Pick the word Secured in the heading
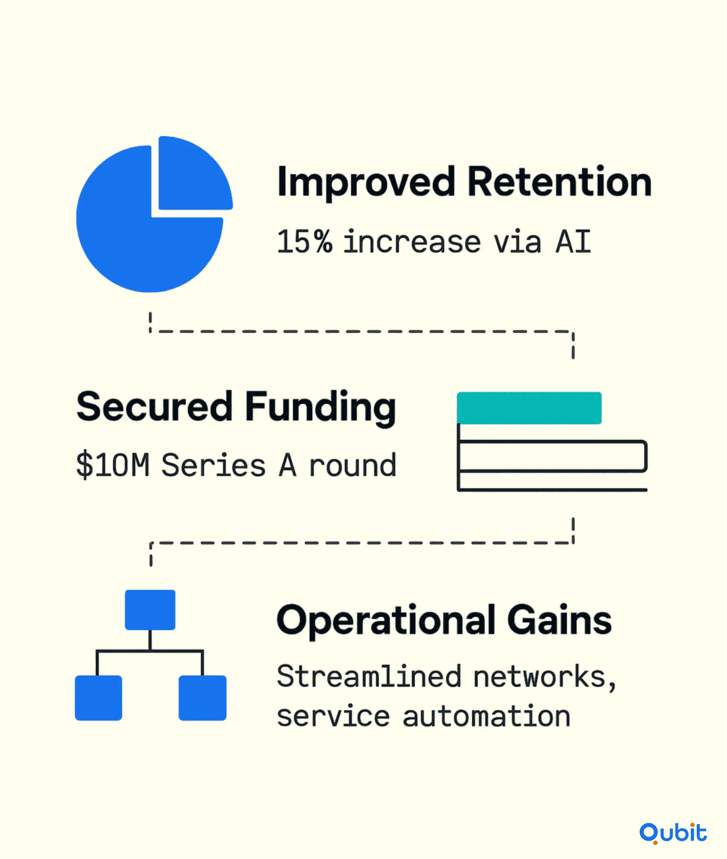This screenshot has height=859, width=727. [x=154, y=407]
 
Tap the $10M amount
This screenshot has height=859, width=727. [x=112, y=465]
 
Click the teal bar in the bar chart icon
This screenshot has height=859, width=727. [x=529, y=408]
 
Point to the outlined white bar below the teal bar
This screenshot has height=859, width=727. [x=552, y=456]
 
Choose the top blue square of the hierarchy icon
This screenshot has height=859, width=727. [x=150, y=610]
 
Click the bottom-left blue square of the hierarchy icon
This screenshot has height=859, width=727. [x=98, y=698]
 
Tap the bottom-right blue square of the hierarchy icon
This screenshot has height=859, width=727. [x=202, y=698]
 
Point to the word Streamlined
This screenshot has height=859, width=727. [x=369, y=677]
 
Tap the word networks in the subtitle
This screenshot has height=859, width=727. [x=539, y=677]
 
